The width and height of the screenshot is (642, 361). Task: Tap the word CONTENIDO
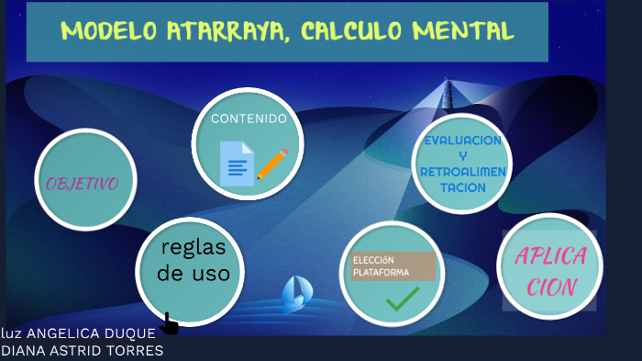tap(249, 118)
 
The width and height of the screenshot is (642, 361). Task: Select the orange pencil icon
tap(271, 164)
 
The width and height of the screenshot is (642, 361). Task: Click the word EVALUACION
tap(462, 141)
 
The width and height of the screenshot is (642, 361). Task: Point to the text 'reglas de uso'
tap(193, 260)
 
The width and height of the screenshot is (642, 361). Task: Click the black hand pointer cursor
tap(169, 323)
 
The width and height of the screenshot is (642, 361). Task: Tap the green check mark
tap(403, 299)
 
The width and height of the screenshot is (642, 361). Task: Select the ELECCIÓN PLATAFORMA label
tap(393, 265)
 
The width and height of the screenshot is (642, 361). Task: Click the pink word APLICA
tap(550, 256)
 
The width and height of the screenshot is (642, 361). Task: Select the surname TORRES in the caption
tap(136, 351)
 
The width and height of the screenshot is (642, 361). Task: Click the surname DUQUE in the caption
tap(134, 333)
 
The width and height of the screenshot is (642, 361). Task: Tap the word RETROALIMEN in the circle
tap(462, 172)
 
